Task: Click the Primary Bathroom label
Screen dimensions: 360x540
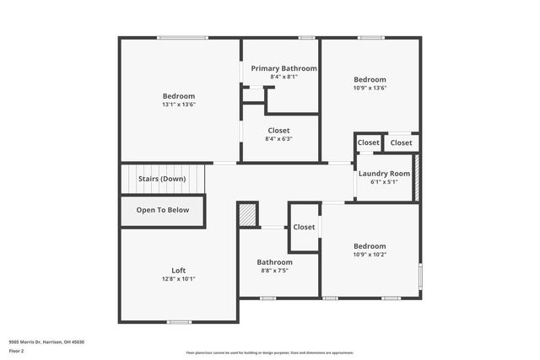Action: point(283,68)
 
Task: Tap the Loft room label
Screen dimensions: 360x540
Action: point(179,270)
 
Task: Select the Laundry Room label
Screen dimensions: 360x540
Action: point(384,174)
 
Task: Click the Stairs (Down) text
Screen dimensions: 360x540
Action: point(162,179)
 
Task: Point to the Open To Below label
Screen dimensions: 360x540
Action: point(163,210)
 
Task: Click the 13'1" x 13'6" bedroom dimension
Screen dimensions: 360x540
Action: point(179,105)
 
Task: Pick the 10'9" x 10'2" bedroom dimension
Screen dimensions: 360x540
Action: point(370,255)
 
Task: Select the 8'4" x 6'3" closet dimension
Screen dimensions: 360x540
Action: point(278,139)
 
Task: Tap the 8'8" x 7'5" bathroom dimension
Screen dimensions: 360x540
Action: point(275,271)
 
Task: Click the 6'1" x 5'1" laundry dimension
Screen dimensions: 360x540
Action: point(384,182)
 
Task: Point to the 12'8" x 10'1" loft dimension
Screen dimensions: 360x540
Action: point(179,279)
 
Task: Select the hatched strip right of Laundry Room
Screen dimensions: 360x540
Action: point(416,177)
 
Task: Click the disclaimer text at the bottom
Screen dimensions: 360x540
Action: point(270,352)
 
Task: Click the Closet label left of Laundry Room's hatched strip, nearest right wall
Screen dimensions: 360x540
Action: point(402,142)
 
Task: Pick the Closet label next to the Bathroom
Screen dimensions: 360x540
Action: point(304,227)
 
